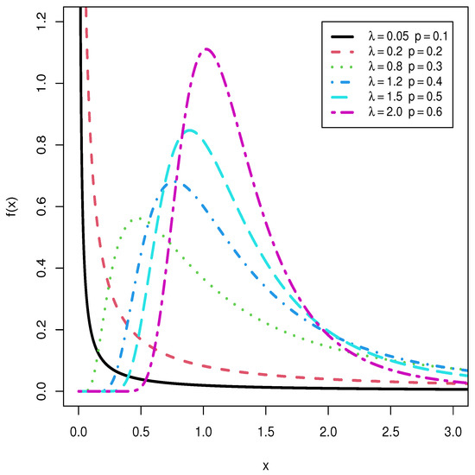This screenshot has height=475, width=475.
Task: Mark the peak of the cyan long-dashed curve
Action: coord(190,130)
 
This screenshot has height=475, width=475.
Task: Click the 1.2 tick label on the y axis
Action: coord(53,22)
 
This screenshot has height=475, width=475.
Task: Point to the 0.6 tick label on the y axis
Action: coord(53,206)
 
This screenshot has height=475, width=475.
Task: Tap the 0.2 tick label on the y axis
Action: coord(53,330)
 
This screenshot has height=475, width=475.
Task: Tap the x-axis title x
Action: coord(266,465)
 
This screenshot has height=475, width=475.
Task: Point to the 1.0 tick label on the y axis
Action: coord(53,83)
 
